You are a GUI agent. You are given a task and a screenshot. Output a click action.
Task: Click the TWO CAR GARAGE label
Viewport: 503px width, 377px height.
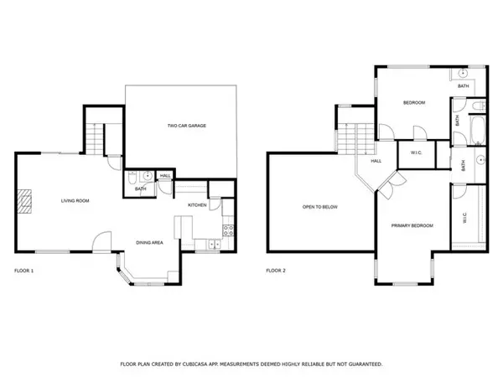187,126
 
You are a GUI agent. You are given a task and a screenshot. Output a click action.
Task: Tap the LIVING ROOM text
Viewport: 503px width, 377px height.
75,201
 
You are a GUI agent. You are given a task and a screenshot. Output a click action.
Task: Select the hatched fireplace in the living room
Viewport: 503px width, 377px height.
24,201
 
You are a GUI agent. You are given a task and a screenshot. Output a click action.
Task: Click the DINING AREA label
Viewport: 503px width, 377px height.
149,243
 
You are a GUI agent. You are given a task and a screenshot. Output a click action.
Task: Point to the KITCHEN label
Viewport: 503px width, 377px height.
197,205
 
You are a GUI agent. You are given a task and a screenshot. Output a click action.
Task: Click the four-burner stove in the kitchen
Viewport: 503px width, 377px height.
228,230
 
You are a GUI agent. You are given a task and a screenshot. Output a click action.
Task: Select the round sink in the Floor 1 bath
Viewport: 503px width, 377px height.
148,176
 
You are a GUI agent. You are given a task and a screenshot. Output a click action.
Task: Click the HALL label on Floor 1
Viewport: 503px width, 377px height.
165,176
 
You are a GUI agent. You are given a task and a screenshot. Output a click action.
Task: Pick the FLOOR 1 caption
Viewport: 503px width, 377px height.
24,271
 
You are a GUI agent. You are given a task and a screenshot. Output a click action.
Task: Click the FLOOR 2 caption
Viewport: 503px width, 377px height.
276,271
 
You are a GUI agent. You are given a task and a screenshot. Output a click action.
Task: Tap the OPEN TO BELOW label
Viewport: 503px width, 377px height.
320,207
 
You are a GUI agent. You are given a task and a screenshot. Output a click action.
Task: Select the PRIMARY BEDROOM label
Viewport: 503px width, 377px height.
412,225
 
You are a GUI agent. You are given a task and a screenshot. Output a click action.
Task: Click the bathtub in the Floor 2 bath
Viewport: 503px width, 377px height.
477,131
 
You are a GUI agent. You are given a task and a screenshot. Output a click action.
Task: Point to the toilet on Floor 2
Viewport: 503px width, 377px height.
479,106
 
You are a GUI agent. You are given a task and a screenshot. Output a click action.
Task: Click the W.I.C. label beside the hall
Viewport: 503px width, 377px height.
416,153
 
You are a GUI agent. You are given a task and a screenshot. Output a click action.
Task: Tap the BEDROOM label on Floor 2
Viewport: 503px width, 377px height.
414,103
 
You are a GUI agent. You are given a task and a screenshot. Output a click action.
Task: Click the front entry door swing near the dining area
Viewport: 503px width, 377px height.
101,242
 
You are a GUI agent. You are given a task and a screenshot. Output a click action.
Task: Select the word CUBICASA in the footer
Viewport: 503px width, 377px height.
195,364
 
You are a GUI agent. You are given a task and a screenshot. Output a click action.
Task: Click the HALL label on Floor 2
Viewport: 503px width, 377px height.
376,161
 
